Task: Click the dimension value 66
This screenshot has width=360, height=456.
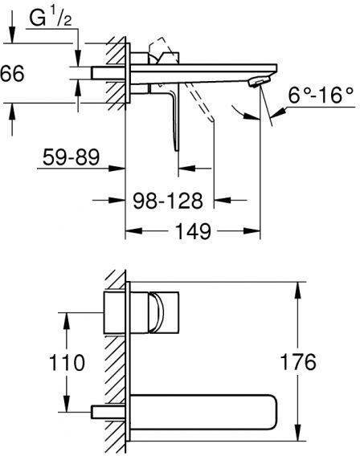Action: point(12,73)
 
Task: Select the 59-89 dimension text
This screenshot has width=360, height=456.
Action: point(72,157)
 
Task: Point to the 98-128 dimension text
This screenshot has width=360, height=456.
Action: point(168,201)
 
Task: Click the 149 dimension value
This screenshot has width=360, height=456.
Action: point(193,231)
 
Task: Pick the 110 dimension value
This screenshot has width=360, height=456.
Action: point(67,363)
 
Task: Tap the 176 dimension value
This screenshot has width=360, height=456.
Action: point(297,362)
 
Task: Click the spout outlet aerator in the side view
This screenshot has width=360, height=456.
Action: point(260,81)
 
